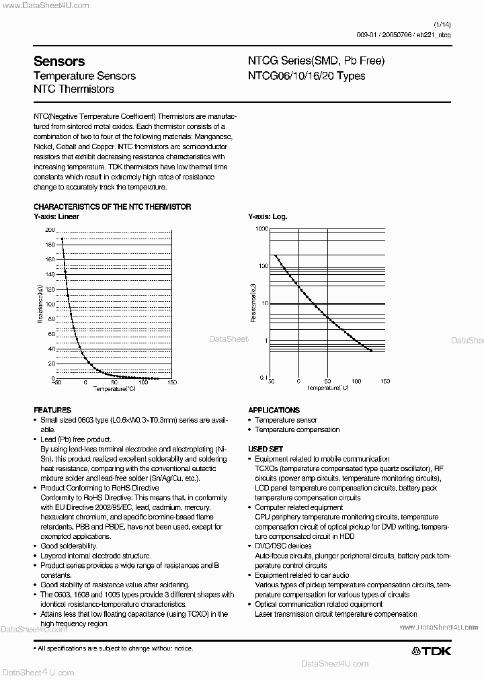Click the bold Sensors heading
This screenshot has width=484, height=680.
[x=59, y=61]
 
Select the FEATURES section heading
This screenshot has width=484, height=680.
[x=52, y=410]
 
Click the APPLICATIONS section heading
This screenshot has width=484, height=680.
[x=274, y=410]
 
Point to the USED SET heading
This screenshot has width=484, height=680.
[x=266, y=449]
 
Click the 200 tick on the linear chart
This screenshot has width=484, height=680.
[x=50, y=230]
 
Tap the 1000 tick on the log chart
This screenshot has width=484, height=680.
[x=261, y=229]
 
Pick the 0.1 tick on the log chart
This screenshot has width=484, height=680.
[x=263, y=378]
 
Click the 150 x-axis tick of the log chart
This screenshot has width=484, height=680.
[x=385, y=381]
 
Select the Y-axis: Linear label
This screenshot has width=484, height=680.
[x=56, y=217]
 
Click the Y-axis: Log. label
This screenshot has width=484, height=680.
[x=268, y=217]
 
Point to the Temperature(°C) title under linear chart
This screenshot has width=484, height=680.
[x=114, y=388]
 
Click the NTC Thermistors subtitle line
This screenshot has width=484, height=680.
[x=74, y=89]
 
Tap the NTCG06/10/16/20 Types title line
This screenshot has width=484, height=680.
[x=307, y=76]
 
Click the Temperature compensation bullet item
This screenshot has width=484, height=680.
[x=297, y=429]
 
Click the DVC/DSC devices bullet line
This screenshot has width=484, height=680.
[x=283, y=546]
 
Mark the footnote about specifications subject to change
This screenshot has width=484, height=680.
[x=116, y=648]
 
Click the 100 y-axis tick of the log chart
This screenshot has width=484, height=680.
[x=263, y=266]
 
